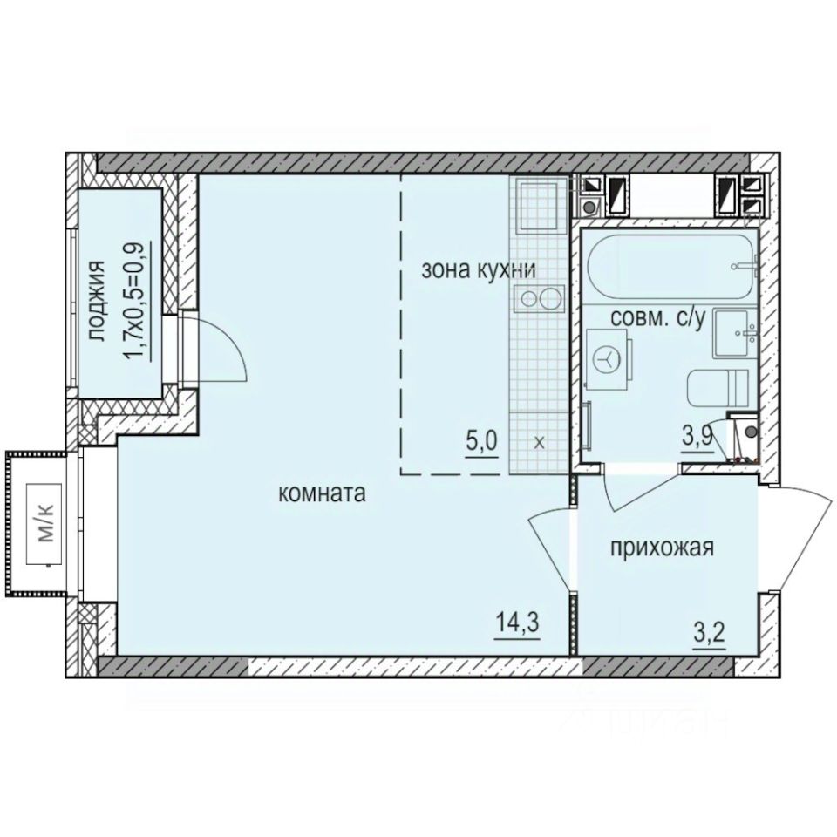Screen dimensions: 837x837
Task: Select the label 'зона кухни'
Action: [478, 269]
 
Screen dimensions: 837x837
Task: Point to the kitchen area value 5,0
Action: [480, 439]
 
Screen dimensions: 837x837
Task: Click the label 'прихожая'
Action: [662, 548]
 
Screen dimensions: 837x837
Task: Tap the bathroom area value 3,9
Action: [697, 438]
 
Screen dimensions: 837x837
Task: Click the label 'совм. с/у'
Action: [657, 319]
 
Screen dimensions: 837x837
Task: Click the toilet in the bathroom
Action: [717, 388]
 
